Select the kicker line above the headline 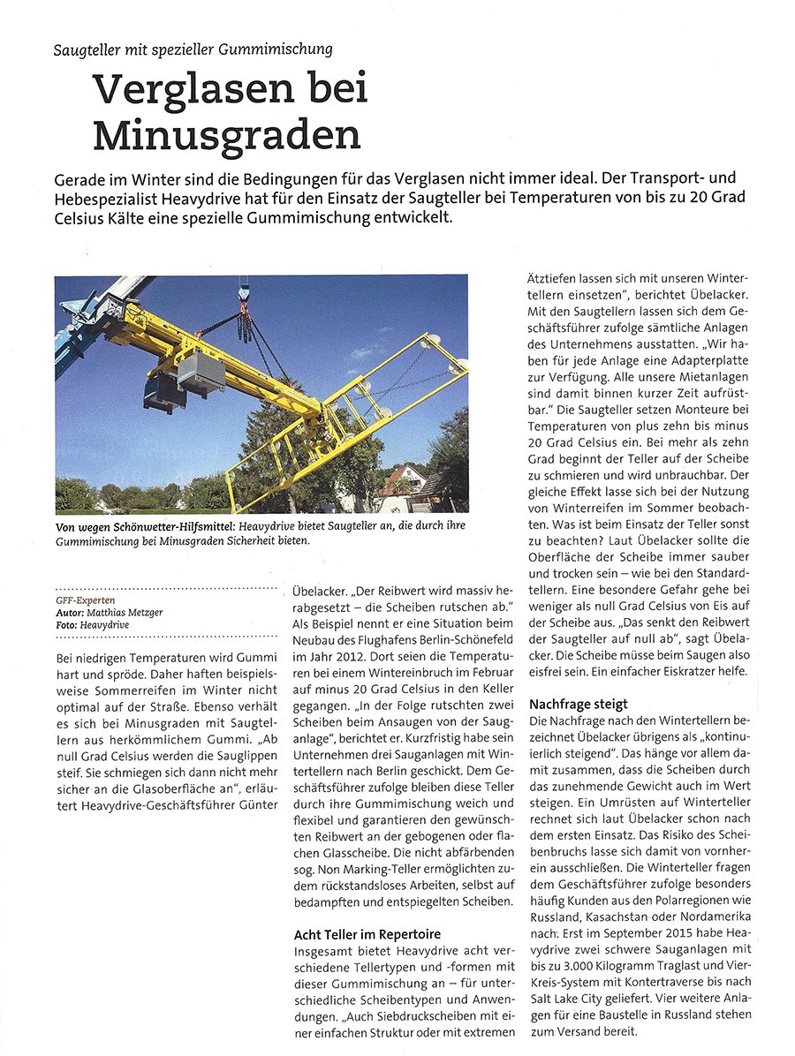pos(193,49)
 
